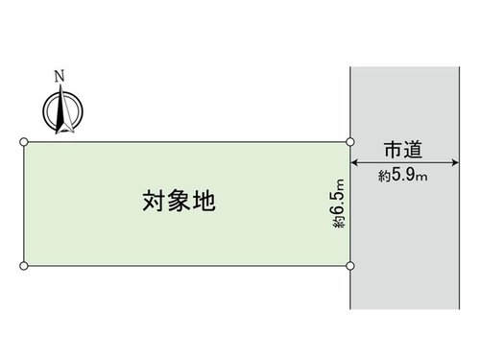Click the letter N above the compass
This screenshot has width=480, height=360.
60,76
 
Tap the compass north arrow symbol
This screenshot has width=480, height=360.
62,110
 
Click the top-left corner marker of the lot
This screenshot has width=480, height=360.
24,142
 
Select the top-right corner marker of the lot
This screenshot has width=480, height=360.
350,142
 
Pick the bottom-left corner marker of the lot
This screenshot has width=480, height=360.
24,266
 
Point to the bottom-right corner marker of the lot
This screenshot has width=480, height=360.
350,266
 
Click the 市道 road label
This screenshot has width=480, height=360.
403,150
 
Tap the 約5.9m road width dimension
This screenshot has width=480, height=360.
403,176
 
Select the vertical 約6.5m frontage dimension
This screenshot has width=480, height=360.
339,204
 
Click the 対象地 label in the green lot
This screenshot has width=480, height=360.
179,201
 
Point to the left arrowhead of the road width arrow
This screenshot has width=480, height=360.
354,162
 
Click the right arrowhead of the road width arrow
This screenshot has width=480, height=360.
456,162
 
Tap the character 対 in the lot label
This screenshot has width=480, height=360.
154,201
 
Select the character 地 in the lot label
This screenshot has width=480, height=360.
204,201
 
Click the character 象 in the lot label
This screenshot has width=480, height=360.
179,201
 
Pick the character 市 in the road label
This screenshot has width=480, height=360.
394,150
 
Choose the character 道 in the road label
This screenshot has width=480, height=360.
413,150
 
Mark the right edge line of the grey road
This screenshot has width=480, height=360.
460,188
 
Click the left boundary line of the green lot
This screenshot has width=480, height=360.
24,204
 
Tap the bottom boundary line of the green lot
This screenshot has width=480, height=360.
187,266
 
